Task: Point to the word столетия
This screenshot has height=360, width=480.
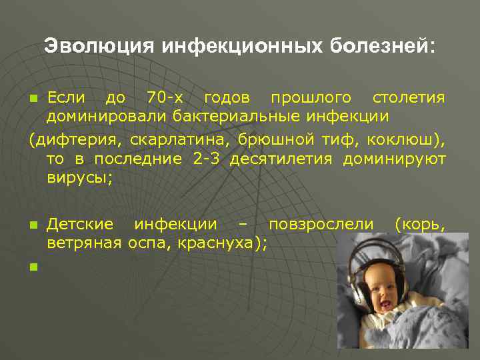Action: click(x=409, y=98)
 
